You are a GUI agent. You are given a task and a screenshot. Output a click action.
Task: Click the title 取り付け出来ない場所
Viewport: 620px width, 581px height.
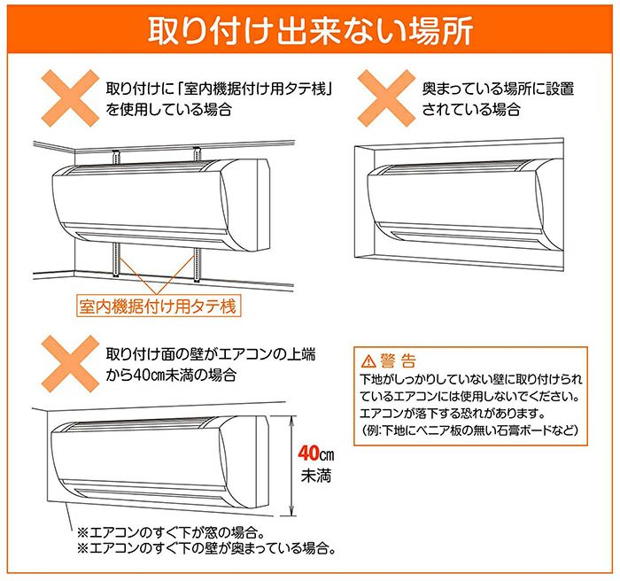[x=310, y=30]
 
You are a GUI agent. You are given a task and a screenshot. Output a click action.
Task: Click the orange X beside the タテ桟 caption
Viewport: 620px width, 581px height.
[x=70, y=98]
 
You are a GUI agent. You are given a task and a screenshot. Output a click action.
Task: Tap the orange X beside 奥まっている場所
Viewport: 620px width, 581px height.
[x=386, y=98]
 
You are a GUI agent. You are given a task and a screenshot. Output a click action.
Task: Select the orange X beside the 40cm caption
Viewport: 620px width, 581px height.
[x=70, y=364]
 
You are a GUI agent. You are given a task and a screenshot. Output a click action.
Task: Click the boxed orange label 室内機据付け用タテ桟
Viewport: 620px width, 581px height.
[x=159, y=306]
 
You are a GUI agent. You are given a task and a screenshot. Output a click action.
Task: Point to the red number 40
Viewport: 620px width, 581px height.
[x=308, y=453]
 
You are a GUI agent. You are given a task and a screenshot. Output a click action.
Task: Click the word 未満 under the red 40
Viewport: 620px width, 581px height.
[x=316, y=476]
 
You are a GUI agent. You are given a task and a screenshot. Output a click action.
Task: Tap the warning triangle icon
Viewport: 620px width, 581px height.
[x=368, y=360]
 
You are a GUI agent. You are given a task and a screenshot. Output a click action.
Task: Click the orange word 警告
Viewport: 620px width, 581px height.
[x=399, y=360]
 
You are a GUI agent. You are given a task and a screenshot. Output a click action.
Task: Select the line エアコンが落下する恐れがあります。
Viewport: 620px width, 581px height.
[x=453, y=414]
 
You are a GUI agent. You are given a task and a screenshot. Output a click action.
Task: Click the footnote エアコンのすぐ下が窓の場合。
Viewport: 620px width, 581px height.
[x=171, y=532]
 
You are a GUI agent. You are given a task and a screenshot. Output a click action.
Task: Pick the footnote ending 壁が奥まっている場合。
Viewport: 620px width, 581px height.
[x=206, y=548]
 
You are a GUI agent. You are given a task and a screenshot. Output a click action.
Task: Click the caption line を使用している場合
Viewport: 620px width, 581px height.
[x=169, y=109]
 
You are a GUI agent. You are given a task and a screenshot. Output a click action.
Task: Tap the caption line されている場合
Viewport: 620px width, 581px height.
[x=471, y=109]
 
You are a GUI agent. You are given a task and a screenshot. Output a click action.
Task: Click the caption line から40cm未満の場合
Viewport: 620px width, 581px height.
[x=171, y=374]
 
